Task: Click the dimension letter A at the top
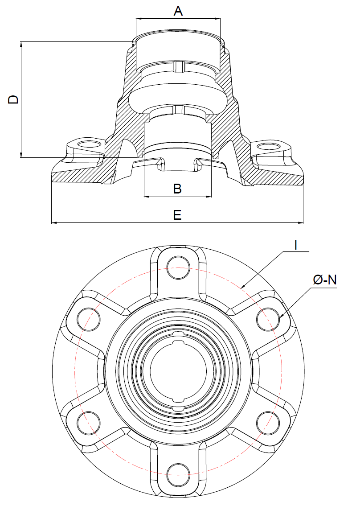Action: click(x=178, y=11)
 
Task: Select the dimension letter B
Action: click(x=177, y=189)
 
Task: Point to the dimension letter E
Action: click(x=177, y=215)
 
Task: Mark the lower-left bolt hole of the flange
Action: click(x=87, y=420)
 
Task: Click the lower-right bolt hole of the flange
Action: click(x=269, y=420)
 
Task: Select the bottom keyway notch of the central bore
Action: click(x=178, y=407)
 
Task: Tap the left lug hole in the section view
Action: click(x=87, y=144)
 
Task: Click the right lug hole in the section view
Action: click(x=268, y=146)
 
